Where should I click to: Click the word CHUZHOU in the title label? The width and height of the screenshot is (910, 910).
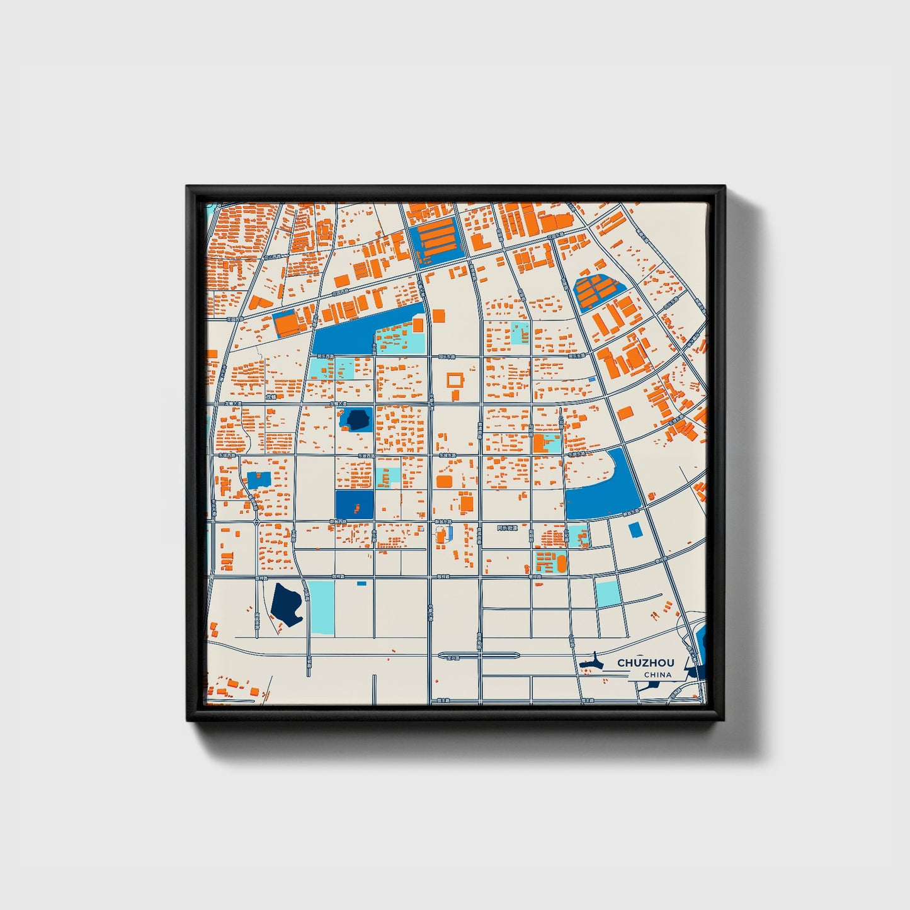tap(646, 663)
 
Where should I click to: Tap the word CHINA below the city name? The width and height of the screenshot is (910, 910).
tap(657, 674)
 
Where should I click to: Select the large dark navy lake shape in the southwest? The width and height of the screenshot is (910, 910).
tap(287, 603)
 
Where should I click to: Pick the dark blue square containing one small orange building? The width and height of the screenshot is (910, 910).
tap(354, 504)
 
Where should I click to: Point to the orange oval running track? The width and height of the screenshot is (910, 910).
tap(561, 562)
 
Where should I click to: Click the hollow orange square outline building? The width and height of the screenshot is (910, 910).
tap(455, 380)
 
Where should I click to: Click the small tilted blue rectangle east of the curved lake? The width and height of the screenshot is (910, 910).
tap(635, 530)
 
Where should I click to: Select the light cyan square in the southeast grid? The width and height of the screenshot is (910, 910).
tap(608, 593)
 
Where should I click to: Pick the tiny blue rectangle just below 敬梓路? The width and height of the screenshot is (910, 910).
tap(361, 583)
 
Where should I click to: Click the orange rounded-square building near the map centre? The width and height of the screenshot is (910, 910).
tap(444, 482)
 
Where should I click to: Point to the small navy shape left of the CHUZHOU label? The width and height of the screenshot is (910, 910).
tap(591, 663)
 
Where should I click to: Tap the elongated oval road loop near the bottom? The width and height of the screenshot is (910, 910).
tap(479, 655)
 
